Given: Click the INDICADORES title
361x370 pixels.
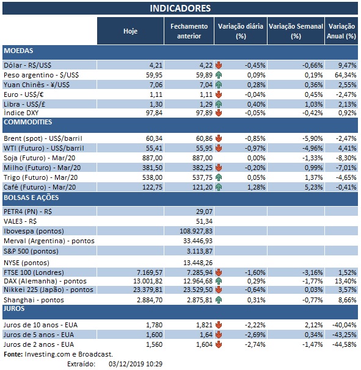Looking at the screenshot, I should [x=180, y=8].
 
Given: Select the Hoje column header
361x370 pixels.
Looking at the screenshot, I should [x=130, y=30].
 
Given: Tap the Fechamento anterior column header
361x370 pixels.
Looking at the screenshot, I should [x=188, y=30].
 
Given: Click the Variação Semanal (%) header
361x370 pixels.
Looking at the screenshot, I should [x=296, y=30].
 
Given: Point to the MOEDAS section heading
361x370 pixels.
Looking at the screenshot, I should [x=18, y=51].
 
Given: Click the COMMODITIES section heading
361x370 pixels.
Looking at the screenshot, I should [x=27, y=122].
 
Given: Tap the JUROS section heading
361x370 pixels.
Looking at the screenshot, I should [x=15, y=309].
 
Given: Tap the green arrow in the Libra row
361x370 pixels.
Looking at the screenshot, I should [x=219, y=104].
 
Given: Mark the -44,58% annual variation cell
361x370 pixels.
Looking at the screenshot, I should [x=344, y=345].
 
